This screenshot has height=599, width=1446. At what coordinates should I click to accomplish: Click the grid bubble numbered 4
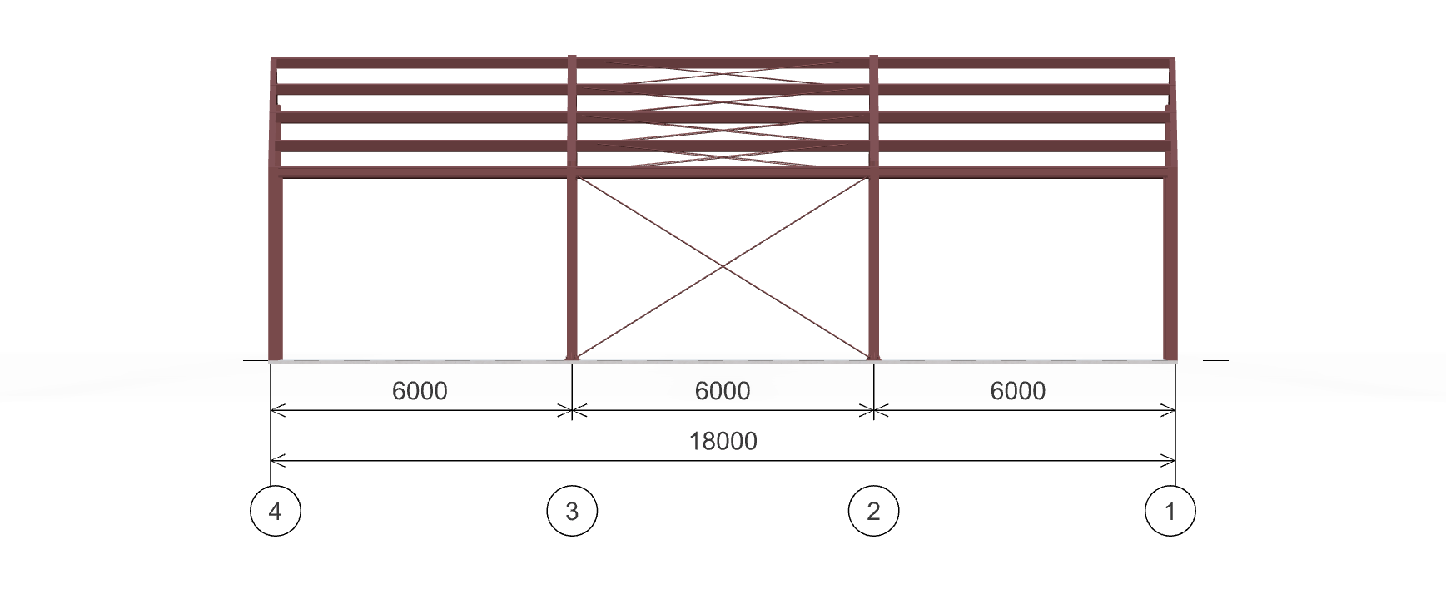click(276, 511)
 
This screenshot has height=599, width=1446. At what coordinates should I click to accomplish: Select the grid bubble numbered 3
click(572, 511)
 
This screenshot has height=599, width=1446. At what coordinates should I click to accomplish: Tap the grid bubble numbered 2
click(873, 511)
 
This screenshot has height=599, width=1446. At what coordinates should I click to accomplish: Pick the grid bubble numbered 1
click(1170, 511)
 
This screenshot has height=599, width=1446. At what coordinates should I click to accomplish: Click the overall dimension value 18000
click(723, 441)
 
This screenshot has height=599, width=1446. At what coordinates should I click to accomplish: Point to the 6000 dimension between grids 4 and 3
click(420, 390)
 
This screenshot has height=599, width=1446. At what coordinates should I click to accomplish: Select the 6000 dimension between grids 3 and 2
click(723, 390)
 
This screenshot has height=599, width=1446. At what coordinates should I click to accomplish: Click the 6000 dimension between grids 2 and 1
click(1017, 390)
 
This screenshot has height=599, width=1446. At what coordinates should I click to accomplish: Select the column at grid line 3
click(572, 266)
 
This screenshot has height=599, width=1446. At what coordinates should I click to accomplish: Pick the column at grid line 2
click(874, 266)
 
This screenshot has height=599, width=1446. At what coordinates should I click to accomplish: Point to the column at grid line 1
click(1170, 266)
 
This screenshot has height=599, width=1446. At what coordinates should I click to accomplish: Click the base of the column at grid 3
click(572, 358)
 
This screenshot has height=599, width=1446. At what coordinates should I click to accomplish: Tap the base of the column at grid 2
click(874, 358)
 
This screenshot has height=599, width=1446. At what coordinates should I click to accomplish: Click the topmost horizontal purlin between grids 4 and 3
click(420, 63)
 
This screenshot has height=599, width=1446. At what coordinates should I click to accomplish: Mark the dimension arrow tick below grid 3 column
click(572, 409)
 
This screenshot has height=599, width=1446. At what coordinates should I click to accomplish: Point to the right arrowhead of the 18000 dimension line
click(1169, 458)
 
